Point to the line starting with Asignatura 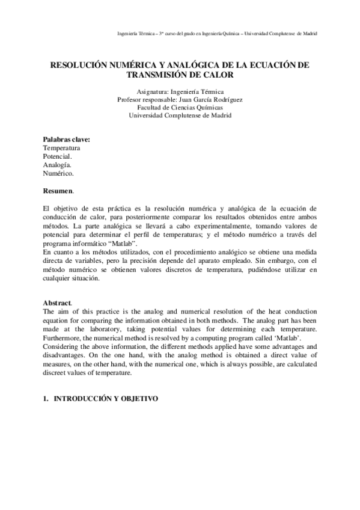pos(180,91)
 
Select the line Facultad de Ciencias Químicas pos(180,107)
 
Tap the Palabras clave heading pos(66,140)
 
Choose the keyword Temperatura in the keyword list pos(61,147)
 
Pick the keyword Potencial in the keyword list pos(57,156)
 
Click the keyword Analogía pos(57,164)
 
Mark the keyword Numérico pos(58,173)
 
